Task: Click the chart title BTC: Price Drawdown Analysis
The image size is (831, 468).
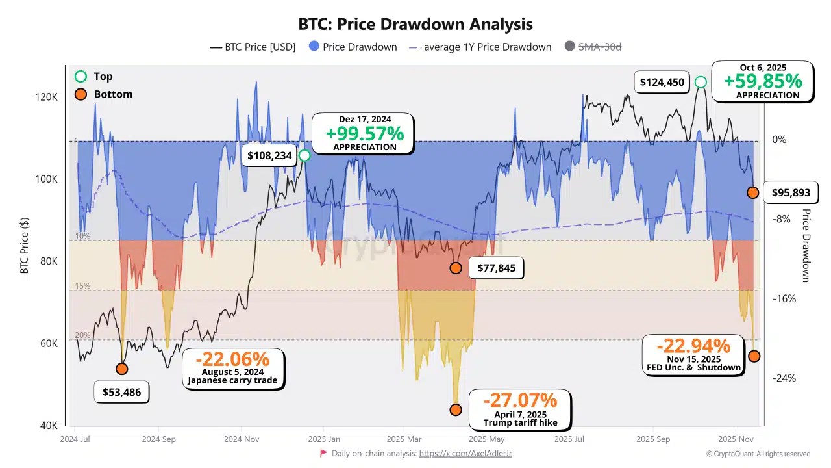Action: click(415, 25)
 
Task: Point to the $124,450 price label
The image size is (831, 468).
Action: click(662, 82)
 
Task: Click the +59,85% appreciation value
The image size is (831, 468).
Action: click(763, 81)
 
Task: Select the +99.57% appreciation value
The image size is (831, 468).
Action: click(364, 134)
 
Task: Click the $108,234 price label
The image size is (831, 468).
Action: click(269, 156)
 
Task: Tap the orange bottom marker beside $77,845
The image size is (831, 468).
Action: click(456, 268)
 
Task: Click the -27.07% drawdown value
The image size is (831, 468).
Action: click(519, 400)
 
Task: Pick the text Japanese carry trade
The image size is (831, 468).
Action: click(232, 380)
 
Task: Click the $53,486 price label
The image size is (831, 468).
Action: click(121, 392)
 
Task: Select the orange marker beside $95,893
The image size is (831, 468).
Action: click(752, 192)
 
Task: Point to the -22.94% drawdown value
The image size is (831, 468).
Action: click(693, 346)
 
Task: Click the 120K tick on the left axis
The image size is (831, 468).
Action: click(47, 97)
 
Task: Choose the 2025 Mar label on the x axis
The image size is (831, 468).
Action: click(404, 439)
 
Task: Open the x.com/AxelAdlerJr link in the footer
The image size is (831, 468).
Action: click(465, 454)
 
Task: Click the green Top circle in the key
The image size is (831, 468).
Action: click(81, 76)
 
